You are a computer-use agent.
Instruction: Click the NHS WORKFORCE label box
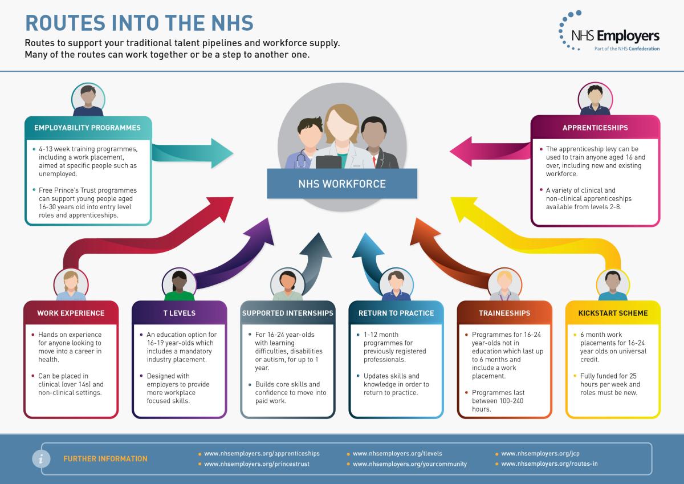(342, 184)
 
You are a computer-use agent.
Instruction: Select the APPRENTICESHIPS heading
(595, 128)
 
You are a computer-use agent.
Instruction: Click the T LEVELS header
(180, 313)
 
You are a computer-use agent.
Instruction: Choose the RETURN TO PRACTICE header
(396, 313)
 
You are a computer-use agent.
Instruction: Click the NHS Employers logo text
(615, 36)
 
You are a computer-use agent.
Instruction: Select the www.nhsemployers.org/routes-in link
(549, 464)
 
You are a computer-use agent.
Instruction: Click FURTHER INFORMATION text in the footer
(105, 459)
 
